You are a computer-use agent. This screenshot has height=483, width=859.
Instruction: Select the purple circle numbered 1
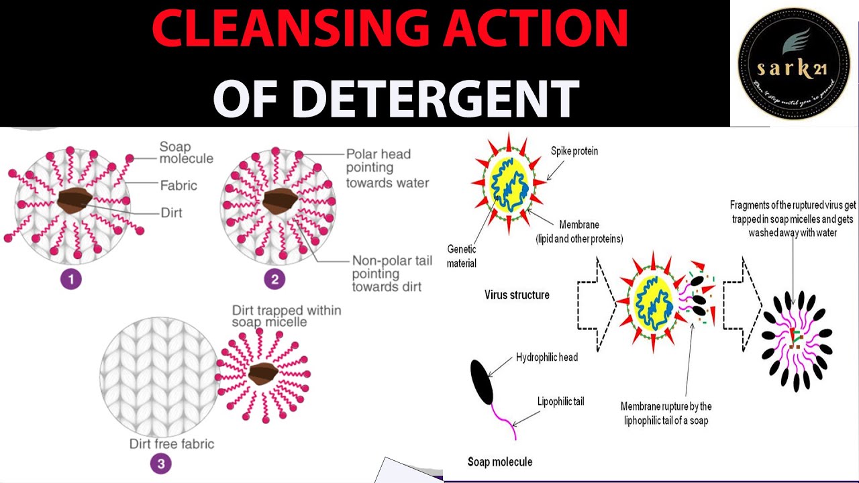(x=70, y=278)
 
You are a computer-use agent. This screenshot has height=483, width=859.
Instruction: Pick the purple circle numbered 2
(x=274, y=278)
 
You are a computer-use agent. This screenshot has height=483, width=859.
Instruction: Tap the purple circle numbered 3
(x=160, y=463)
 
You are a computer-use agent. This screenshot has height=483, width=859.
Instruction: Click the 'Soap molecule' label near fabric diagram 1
(x=186, y=152)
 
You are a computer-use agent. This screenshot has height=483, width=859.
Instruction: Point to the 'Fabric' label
(x=179, y=184)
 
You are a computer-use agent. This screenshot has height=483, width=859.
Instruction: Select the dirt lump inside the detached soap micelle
(x=263, y=373)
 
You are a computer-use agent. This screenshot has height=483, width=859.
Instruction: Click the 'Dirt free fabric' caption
(x=172, y=443)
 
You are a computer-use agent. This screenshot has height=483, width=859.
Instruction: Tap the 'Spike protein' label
(x=574, y=151)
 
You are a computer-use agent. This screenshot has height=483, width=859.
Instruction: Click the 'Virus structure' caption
(x=517, y=294)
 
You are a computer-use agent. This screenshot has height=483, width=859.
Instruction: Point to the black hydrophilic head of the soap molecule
(x=482, y=382)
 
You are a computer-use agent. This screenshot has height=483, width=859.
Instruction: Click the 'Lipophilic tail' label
(x=560, y=401)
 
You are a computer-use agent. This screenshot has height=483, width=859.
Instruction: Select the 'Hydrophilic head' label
(x=547, y=357)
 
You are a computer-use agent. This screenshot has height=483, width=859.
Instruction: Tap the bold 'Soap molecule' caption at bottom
(x=500, y=462)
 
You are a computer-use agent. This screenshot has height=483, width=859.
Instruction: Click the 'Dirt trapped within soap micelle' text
(x=287, y=316)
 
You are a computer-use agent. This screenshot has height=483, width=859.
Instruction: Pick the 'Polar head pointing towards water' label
(x=387, y=168)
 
